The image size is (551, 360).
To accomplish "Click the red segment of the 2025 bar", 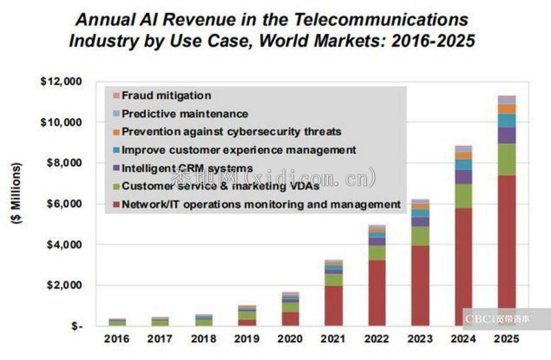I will coord(507,250).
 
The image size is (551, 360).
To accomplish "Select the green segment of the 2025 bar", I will coord(507,159).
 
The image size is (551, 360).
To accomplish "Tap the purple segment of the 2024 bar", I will coord(464,177).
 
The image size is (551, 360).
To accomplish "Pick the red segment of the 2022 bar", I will coord(377,293).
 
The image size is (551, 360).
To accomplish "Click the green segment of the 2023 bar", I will coord(421,236).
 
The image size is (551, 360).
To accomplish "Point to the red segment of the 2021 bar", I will coord(334,306).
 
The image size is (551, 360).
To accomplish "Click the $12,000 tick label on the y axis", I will coord(61,82).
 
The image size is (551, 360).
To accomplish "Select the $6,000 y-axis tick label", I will coord(61,204).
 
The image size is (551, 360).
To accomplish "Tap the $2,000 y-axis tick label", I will coord(61,285).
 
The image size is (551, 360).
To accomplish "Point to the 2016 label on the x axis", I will coord(117,339).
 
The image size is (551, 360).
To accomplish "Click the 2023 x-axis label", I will coord(421,339).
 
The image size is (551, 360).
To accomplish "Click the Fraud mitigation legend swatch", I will coord(115,95).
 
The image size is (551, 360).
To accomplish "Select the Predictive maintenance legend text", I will coord(185,114).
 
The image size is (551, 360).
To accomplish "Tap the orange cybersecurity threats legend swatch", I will coord(115,132).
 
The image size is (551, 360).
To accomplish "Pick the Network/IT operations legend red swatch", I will coord(115,205).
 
